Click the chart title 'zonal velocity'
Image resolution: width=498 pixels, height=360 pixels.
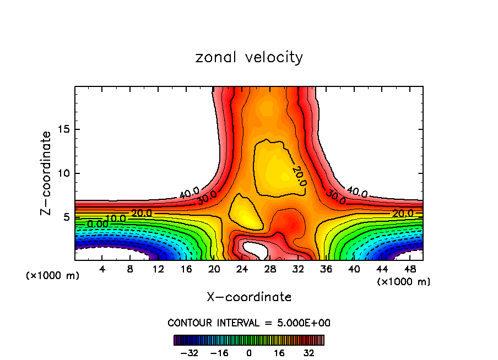click(249, 57)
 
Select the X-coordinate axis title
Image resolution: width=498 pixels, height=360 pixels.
click(249, 297)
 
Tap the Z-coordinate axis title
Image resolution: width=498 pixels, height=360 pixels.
click(47, 173)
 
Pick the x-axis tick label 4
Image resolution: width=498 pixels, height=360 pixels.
click(102, 269)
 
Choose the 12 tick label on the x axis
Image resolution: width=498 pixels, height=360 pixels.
click(158, 269)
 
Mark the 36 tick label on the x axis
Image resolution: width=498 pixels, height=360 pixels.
click(326, 269)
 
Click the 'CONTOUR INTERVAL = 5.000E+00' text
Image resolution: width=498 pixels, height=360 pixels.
click(249, 323)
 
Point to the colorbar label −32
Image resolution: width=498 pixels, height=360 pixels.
click(188, 352)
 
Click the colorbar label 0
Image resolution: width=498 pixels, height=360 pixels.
click(249, 352)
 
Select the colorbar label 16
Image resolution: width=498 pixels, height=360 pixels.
click(279, 352)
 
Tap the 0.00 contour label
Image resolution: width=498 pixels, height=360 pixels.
click(98, 225)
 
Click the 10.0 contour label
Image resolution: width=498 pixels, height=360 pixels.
click(116, 219)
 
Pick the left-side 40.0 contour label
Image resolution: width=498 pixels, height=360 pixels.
click(189, 193)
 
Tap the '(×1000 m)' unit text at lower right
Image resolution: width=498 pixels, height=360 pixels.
click(404, 282)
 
